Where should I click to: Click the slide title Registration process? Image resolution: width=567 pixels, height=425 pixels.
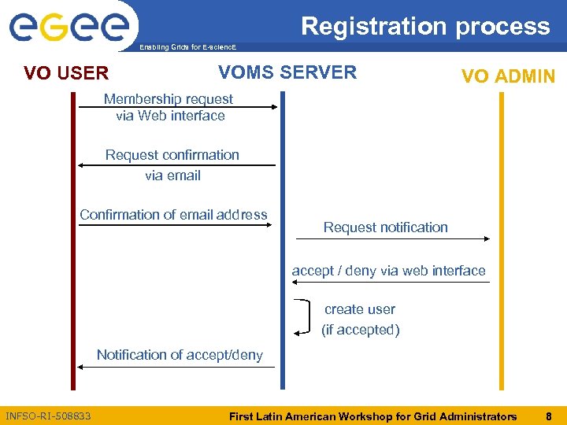425,26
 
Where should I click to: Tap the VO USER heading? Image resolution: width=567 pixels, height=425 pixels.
66,74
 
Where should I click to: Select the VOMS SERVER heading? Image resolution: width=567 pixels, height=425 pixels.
287,72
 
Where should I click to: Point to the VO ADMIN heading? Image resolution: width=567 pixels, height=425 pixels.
508,76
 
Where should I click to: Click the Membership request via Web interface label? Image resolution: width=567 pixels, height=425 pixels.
169,107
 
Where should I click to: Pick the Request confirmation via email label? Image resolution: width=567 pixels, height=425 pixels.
172,164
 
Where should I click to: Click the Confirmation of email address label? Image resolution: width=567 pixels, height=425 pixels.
173,214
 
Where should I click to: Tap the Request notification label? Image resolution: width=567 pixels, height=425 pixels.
385,227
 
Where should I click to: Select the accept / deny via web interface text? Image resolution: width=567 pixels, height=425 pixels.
388,271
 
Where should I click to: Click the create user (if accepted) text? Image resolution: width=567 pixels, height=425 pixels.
360,320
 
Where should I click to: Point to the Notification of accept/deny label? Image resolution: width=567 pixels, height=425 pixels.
180,355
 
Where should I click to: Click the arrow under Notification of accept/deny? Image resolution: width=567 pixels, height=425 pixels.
178,367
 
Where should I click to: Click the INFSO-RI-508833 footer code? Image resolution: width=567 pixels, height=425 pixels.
48,416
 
